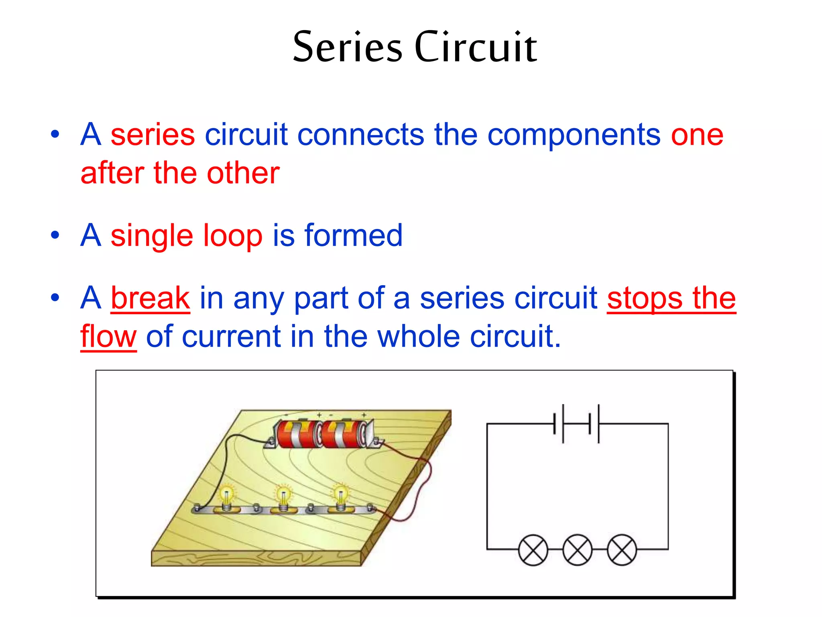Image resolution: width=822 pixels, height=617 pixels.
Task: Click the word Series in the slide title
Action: pyautogui.click(x=347, y=47)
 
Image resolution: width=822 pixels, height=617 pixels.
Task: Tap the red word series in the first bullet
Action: pyautogui.click(x=153, y=135)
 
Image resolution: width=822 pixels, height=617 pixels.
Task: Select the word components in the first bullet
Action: pyautogui.click(x=574, y=135)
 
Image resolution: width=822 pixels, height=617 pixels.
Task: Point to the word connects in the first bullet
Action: pyautogui.click(x=360, y=135)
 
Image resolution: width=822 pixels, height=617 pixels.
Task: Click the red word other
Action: pyautogui.click(x=243, y=174)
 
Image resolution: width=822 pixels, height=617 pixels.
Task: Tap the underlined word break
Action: pyautogui.click(x=150, y=298)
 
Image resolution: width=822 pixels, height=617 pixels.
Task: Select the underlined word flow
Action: pyautogui.click(x=108, y=337)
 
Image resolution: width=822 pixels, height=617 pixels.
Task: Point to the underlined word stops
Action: pyautogui.click(x=644, y=298)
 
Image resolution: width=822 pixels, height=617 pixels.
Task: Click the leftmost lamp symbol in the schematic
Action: pyautogui.click(x=533, y=550)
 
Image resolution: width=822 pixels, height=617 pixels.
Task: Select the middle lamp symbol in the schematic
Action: pyautogui.click(x=578, y=550)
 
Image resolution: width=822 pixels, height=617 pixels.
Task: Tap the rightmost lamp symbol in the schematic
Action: pyautogui.click(x=622, y=550)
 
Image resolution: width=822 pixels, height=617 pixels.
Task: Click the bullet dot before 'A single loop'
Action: pyautogui.click(x=55, y=235)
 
